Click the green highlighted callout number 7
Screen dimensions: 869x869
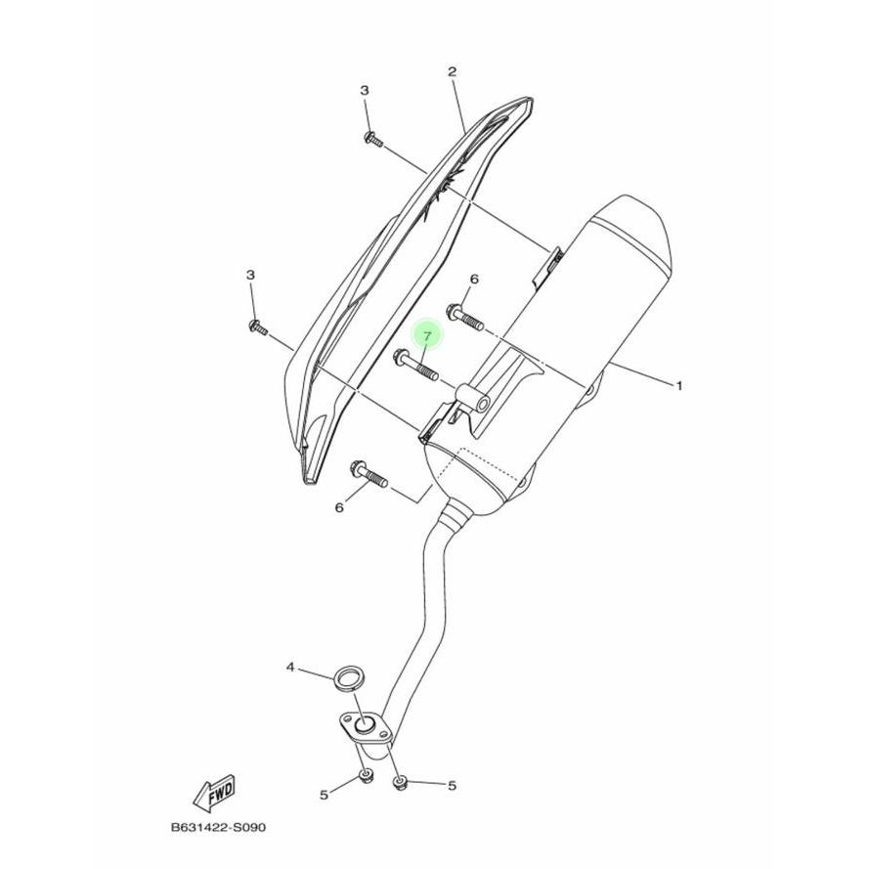click(427, 336)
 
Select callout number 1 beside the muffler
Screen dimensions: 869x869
click(679, 386)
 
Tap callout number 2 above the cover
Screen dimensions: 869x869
click(453, 71)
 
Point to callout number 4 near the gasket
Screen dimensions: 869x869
click(290, 668)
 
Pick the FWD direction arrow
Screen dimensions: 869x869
click(214, 789)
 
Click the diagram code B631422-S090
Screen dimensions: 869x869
click(218, 828)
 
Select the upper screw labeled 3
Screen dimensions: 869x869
click(374, 139)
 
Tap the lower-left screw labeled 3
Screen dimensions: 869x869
click(258, 327)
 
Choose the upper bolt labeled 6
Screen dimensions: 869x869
click(465, 317)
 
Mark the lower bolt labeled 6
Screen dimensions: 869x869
click(369, 474)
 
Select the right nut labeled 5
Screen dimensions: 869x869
click(399, 783)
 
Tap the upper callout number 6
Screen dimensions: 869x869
click(474, 280)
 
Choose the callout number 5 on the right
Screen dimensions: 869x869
click(453, 785)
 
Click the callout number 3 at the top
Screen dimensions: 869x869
click(364, 90)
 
